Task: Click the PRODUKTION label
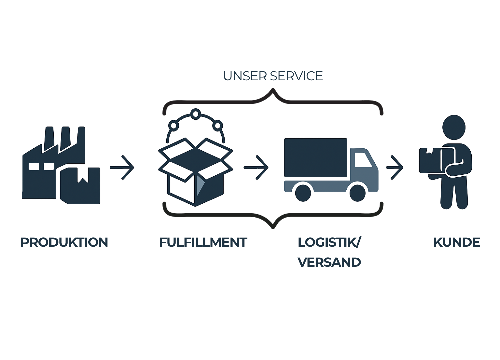(x=64, y=242)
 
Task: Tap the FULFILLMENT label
(x=203, y=242)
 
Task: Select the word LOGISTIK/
(x=329, y=242)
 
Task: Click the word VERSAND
(x=329, y=262)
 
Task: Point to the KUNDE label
(x=456, y=242)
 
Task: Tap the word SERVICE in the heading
(x=296, y=76)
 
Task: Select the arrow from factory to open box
(x=123, y=167)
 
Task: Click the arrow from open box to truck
(x=256, y=167)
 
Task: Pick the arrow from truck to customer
(x=395, y=167)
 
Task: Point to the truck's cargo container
(x=315, y=157)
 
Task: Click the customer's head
(x=453, y=127)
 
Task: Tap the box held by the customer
(x=432, y=160)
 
